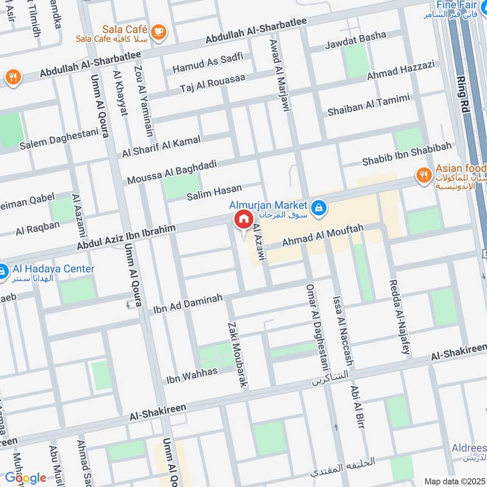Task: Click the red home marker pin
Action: click(242, 219)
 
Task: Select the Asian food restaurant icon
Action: click(424, 177)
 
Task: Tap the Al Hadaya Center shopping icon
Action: click(2, 269)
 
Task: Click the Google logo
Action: click(25, 478)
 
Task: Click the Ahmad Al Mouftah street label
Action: click(322, 236)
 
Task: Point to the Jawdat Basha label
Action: click(356, 36)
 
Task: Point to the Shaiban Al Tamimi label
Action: click(368, 105)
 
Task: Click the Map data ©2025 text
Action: click(454, 481)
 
